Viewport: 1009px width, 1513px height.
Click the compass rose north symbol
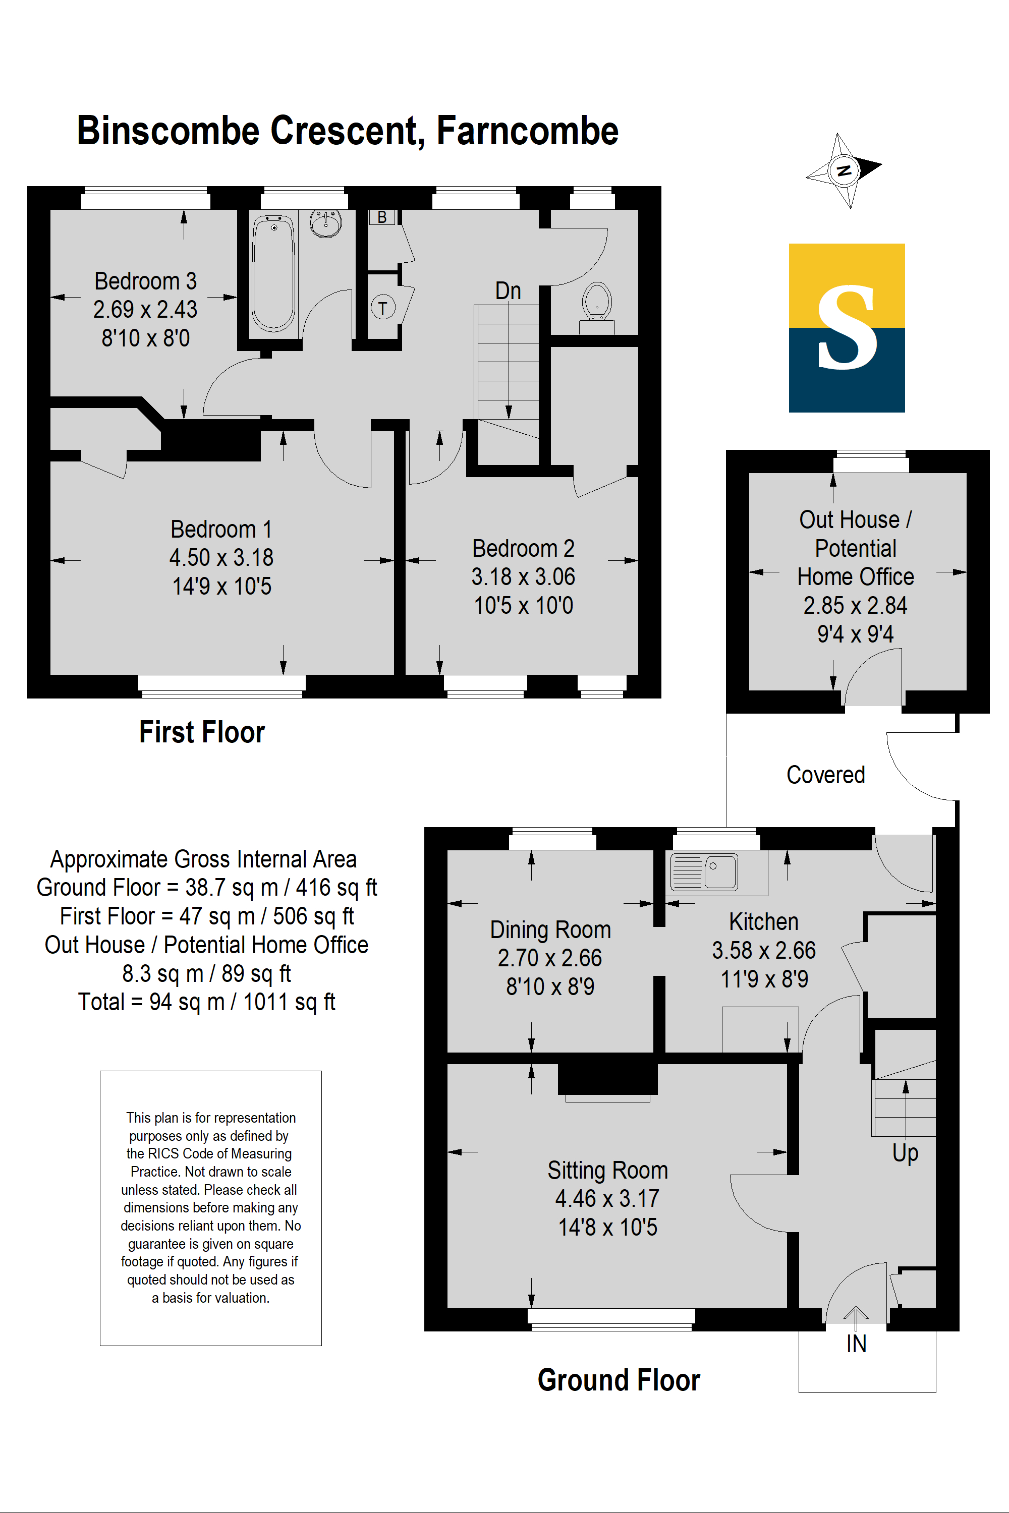tap(844, 170)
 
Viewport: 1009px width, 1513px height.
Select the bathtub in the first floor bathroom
tap(273, 273)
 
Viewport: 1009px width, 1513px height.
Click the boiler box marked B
tap(382, 217)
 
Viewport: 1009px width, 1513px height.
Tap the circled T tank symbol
tap(383, 308)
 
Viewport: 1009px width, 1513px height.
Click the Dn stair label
tap(508, 291)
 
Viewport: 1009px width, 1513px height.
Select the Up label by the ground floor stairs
tap(905, 1153)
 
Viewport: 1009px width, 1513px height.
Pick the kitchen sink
tap(704, 872)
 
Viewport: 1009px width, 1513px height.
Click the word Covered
tap(825, 775)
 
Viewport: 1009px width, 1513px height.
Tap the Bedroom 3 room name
tap(145, 281)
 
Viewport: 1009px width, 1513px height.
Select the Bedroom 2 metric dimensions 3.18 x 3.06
tap(523, 577)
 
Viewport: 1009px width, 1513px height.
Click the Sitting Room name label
tap(607, 1170)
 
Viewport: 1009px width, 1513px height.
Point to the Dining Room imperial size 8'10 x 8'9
tap(550, 986)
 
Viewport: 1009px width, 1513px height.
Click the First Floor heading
tap(202, 732)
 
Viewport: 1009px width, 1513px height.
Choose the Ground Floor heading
tap(619, 1380)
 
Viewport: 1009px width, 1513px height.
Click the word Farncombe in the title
tap(527, 131)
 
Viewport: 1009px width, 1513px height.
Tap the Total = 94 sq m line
tap(206, 1002)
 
